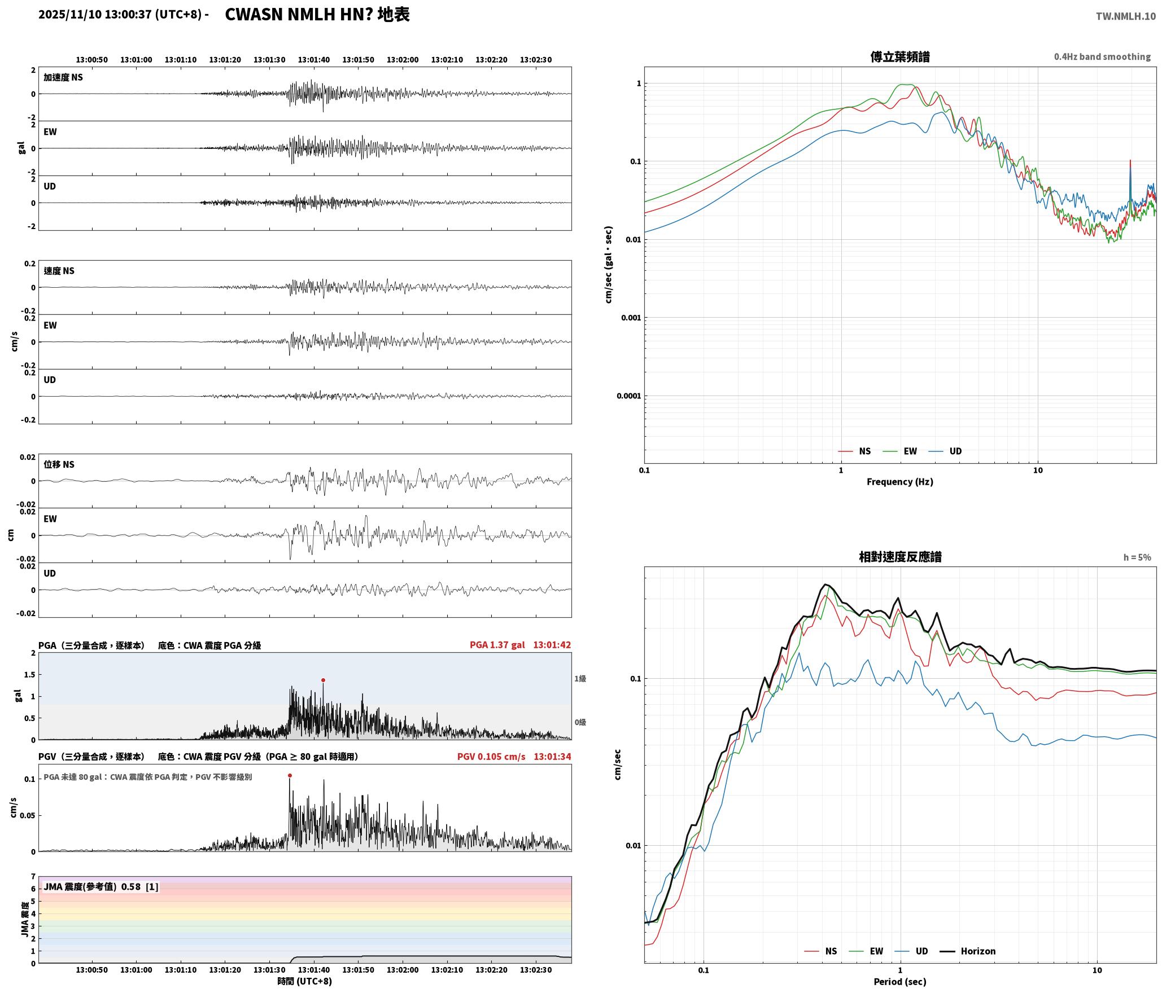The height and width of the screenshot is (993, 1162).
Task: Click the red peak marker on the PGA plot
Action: pyautogui.click(x=323, y=680)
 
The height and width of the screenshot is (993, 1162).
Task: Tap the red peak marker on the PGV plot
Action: pyautogui.click(x=290, y=775)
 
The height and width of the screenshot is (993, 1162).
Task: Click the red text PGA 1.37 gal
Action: pyautogui.click(x=497, y=644)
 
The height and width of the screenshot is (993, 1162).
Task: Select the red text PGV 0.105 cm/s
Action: pyautogui.click(x=491, y=756)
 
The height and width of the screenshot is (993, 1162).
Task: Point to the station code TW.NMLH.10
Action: pyautogui.click(x=1125, y=16)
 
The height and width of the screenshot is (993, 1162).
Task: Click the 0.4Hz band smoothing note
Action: pyautogui.click(x=1102, y=56)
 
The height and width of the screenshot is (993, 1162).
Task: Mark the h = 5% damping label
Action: pyautogui.click(x=1137, y=557)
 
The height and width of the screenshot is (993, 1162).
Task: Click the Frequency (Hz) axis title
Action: pyautogui.click(x=900, y=481)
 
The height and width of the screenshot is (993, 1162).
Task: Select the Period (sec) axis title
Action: pyautogui.click(x=900, y=981)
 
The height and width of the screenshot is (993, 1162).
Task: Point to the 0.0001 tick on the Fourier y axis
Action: pyautogui.click(x=629, y=396)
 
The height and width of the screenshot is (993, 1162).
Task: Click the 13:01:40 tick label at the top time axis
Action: pyautogui.click(x=314, y=59)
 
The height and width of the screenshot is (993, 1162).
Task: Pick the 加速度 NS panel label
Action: pyautogui.click(x=63, y=77)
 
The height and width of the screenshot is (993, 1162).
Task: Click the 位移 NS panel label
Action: pyautogui.click(x=59, y=464)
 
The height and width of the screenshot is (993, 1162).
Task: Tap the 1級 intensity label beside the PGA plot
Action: pyautogui.click(x=580, y=678)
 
